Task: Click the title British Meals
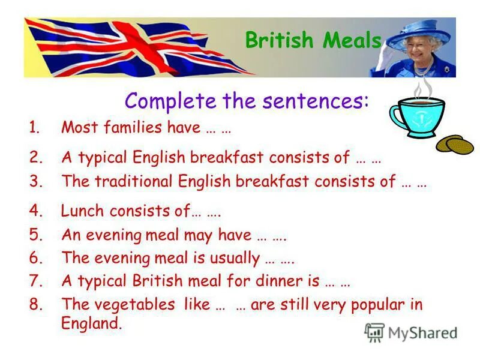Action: [x=313, y=40]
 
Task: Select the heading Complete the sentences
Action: [x=247, y=100]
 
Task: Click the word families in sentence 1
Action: [x=123, y=127]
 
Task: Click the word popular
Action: [x=377, y=304]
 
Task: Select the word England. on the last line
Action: [x=91, y=323]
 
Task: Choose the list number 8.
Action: [x=36, y=304]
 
